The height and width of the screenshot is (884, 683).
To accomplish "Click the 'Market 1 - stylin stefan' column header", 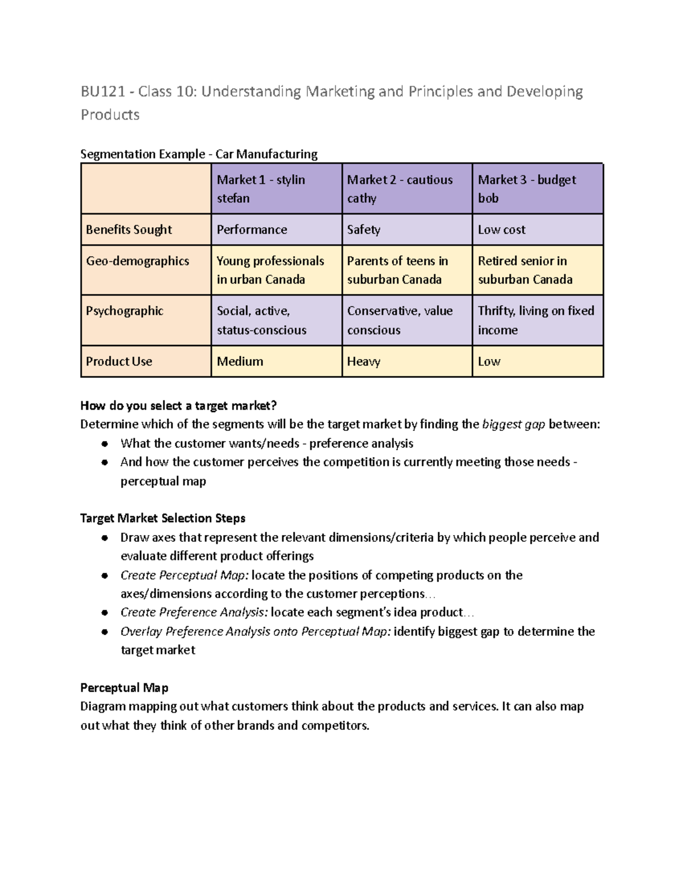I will point(276,189).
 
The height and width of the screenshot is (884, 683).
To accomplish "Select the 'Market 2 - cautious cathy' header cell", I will point(406,189).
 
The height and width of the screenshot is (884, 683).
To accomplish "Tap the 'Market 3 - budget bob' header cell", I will point(537,189).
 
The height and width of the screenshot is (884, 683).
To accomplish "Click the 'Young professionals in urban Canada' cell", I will point(276,270).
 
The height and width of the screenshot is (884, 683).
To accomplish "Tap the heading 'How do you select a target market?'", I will point(178,406).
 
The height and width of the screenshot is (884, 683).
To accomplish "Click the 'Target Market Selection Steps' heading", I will point(163,518).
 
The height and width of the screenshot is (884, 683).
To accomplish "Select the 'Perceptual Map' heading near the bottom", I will point(124,688).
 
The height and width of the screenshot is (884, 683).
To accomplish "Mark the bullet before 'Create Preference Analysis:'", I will point(104,613).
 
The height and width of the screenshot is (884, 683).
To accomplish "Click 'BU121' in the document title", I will point(102,91).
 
